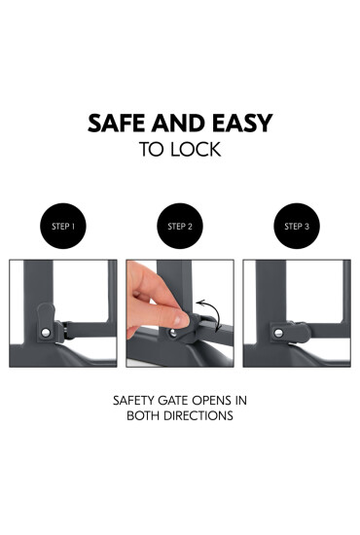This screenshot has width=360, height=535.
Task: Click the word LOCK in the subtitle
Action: point(196,150)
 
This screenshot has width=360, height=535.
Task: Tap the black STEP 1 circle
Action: point(63,226)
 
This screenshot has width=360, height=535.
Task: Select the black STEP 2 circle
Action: point(180,226)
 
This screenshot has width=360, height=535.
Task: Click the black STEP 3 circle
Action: point(297,226)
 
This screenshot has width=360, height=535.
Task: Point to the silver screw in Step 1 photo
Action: point(46,332)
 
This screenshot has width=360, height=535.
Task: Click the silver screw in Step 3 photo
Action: point(278,333)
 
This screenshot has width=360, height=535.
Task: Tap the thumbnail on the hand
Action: point(177,320)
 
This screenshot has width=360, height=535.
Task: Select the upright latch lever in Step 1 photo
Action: point(46,322)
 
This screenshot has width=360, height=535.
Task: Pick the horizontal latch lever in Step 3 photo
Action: point(291,333)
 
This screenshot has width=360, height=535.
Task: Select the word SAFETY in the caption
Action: point(133,400)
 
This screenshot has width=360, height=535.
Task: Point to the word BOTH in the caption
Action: point(143,415)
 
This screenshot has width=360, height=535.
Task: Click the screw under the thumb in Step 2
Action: point(173,333)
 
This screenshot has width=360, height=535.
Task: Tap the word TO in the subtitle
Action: point(153,150)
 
